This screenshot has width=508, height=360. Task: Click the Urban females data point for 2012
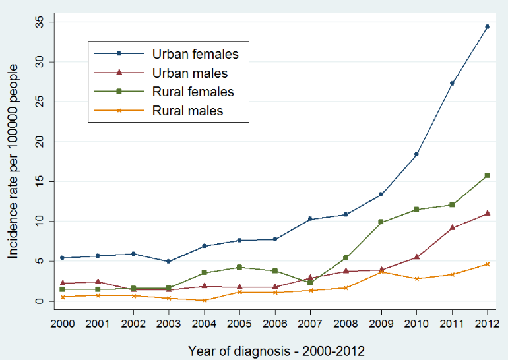pyautogui.click(x=487, y=26)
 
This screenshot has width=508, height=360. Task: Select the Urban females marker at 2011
pyautogui.click(x=452, y=83)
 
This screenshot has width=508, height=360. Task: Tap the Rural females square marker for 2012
pyautogui.click(x=487, y=175)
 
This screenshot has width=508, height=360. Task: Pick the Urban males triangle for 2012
pyautogui.click(x=487, y=213)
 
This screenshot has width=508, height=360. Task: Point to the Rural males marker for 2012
pyautogui.click(x=487, y=264)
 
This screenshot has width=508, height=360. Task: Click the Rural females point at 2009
pyautogui.click(x=381, y=222)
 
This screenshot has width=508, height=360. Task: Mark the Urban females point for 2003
pyautogui.click(x=168, y=262)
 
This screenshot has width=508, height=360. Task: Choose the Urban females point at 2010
pyautogui.click(x=416, y=154)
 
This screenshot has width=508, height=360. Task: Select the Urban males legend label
pyautogui.click(x=190, y=73)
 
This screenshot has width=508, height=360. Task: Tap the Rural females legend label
pyautogui.click(x=193, y=92)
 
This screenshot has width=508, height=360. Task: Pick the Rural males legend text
pyautogui.click(x=188, y=111)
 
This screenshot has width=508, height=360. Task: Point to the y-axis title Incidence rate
pyautogui.click(x=13, y=162)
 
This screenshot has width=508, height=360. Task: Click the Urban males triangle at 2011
pyautogui.click(x=452, y=227)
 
